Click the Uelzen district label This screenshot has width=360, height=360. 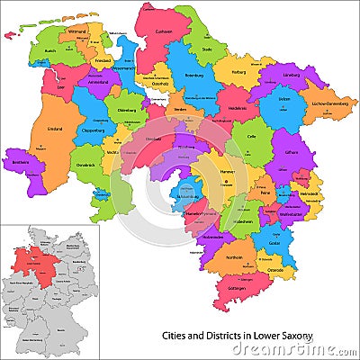click(284, 100)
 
